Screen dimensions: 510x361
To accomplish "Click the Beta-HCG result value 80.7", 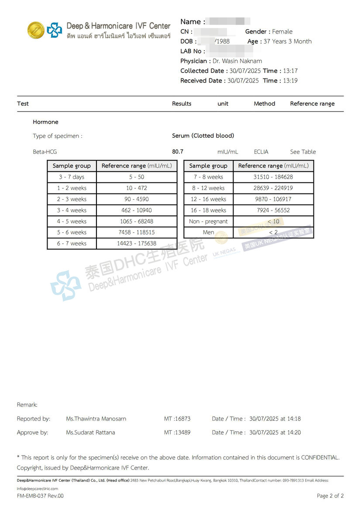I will (178, 152).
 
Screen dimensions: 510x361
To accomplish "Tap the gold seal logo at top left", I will (36, 30).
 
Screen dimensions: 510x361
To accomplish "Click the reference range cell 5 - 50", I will (137, 177).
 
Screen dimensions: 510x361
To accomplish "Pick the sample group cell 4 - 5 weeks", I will (72, 221).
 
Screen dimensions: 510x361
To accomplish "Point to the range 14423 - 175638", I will (137, 244).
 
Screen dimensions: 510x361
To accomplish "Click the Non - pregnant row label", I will (208, 221).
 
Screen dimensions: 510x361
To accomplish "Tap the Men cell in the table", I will (208, 232).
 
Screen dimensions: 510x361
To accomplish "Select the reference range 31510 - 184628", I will (273, 177).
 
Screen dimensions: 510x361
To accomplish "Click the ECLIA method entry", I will (261, 152).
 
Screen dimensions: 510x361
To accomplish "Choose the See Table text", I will (303, 152).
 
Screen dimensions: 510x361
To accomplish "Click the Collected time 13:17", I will (290, 71).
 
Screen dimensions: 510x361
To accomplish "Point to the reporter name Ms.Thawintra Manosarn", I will (96, 418).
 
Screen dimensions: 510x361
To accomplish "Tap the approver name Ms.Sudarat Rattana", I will (93, 432).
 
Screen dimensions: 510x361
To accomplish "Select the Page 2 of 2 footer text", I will (330, 496).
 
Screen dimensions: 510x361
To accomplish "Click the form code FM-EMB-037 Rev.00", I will (40, 496).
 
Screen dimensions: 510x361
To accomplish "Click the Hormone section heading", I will (45, 122).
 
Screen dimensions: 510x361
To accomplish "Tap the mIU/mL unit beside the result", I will (228, 152).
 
